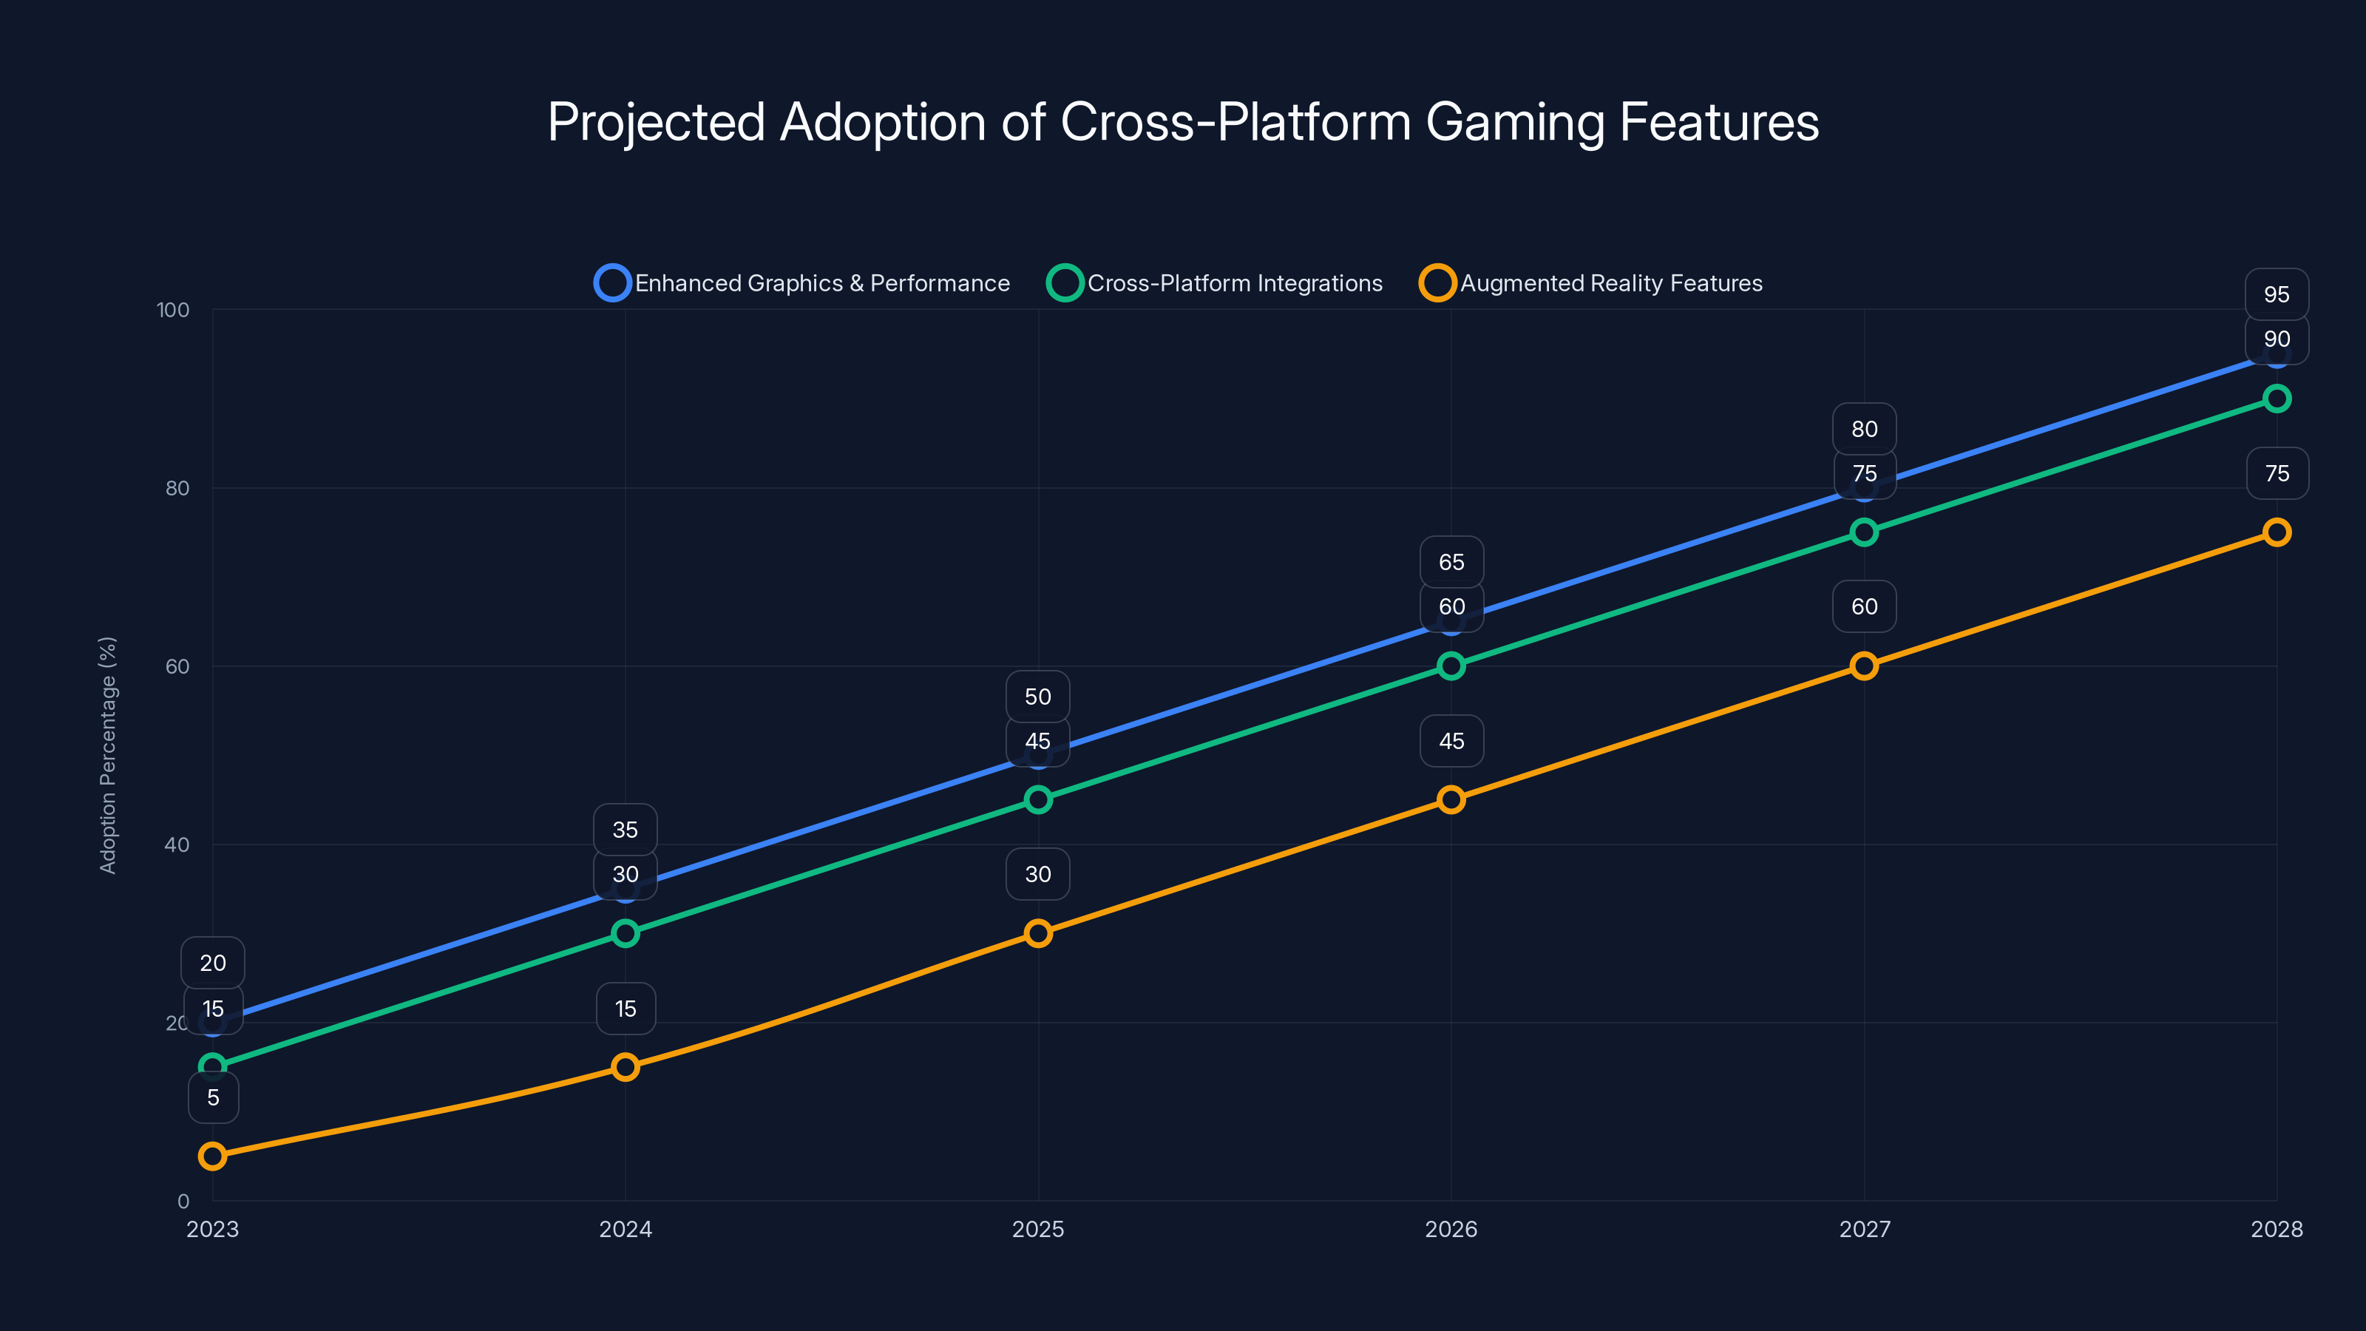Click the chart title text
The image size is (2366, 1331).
click(x=1183, y=122)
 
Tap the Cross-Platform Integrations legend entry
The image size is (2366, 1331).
click(x=1214, y=283)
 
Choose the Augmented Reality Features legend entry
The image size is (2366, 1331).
click(x=1591, y=283)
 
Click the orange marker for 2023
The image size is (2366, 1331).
click(x=212, y=1156)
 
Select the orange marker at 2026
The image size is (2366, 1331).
click(x=1451, y=799)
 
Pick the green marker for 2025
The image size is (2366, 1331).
click(x=1038, y=799)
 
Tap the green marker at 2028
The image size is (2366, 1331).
click(x=2277, y=399)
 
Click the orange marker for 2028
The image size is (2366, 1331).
click(x=2277, y=532)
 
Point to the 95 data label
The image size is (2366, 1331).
click(x=2277, y=295)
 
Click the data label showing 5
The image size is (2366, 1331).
click(x=213, y=1097)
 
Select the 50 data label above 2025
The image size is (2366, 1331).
click(x=1038, y=697)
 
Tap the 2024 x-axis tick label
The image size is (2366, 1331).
click(x=626, y=1229)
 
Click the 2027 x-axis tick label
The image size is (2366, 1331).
click(x=1865, y=1229)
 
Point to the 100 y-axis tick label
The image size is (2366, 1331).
click(x=173, y=310)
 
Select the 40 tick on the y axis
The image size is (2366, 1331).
click(x=177, y=844)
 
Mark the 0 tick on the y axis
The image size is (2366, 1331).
click(x=183, y=1201)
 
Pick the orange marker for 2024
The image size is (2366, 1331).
click(x=626, y=1066)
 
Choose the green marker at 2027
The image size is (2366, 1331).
click(x=1865, y=532)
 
